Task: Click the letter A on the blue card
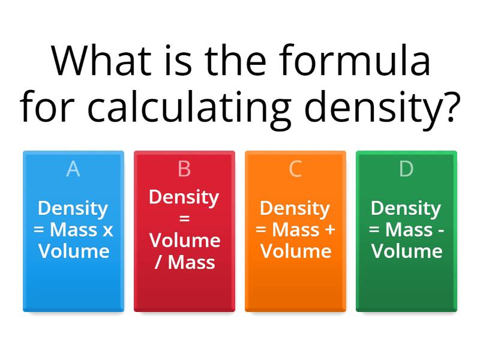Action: coord(73,169)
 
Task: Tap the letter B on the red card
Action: coord(184,169)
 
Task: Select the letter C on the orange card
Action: coord(295,169)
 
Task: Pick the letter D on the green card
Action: coord(406,169)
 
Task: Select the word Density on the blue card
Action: coord(73,208)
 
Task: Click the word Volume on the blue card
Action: coord(73,250)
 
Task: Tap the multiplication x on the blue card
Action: coord(107,230)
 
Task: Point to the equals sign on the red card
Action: coord(184,218)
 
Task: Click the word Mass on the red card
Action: coord(191,262)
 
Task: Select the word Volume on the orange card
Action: coord(295,250)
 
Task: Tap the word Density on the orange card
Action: coord(295,208)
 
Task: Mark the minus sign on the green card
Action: coord(441,230)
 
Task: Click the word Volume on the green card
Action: coord(406,250)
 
